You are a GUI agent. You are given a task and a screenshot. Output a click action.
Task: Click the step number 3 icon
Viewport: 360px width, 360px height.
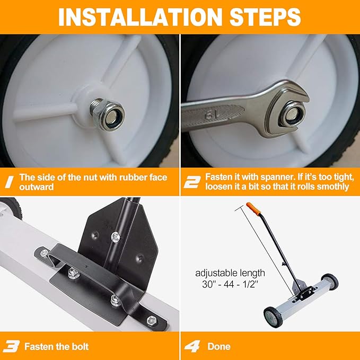(11, 346)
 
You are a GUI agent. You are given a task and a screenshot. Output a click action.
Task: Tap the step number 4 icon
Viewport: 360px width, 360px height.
(191, 346)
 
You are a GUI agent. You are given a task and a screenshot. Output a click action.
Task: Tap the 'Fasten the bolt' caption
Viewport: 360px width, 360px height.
(56, 347)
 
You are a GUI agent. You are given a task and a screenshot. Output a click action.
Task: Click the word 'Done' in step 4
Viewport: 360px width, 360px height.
(219, 347)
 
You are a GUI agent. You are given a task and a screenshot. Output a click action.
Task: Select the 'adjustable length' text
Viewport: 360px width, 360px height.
(230, 273)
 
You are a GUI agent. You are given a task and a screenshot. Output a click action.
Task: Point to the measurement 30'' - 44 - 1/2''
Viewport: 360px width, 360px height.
(230, 285)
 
